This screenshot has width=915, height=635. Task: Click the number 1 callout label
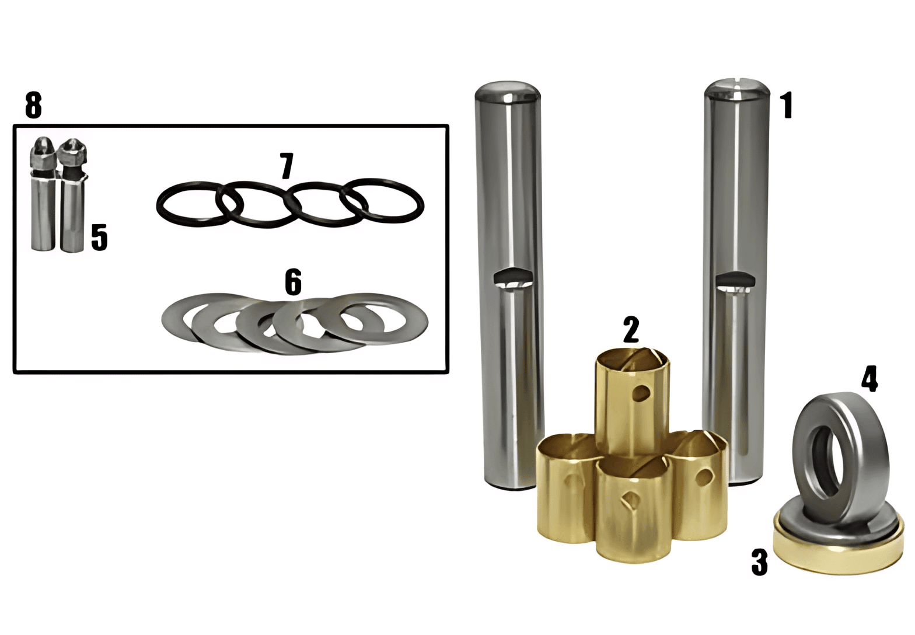[786, 106]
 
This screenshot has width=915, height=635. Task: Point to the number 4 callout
[869, 379]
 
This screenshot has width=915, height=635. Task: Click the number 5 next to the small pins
[99, 237]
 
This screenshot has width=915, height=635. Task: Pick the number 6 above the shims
[294, 281]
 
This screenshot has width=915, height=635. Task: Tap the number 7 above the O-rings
[287, 166]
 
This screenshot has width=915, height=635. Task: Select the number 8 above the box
[33, 105]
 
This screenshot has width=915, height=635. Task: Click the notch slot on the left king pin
[513, 277]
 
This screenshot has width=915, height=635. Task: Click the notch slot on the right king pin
[735, 280]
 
